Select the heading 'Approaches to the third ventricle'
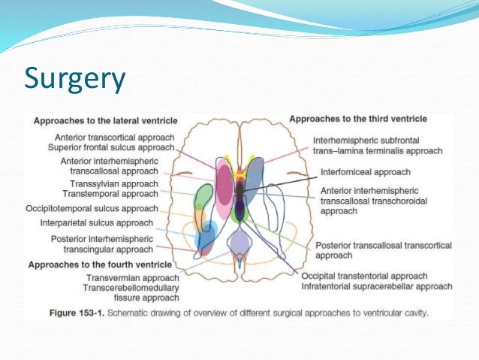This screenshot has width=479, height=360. (x=358, y=119)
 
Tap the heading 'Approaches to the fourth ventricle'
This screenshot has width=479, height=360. (x=98, y=265)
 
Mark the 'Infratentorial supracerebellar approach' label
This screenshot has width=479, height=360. (x=377, y=286)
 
